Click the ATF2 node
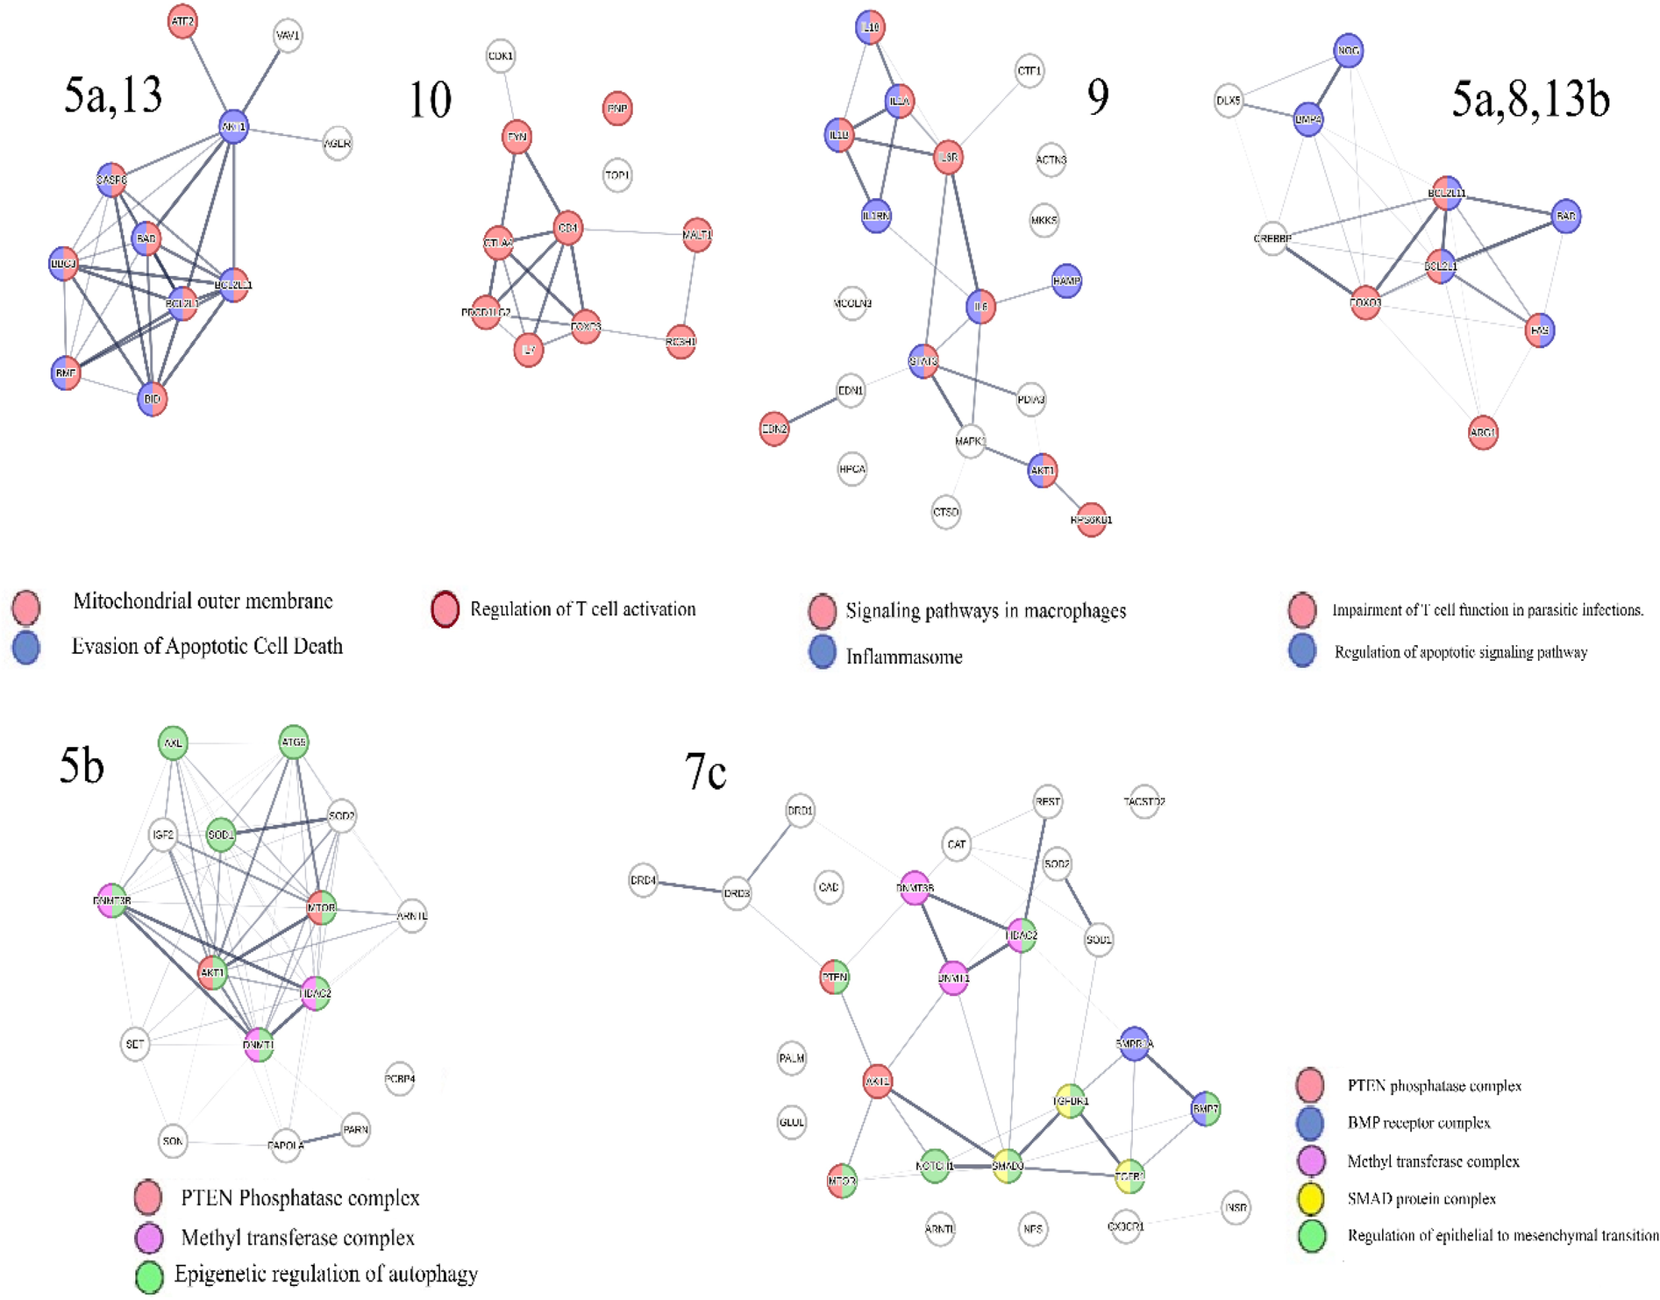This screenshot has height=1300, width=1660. pyautogui.click(x=182, y=22)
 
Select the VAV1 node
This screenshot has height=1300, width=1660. pyautogui.click(x=288, y=36)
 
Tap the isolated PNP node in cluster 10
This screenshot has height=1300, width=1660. pyautogui.click(x=617, y=109)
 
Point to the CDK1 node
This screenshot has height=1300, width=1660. pyautogui.click(x=501, y=56)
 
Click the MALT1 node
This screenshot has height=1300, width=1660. pyautogui.click(x=697, y=235)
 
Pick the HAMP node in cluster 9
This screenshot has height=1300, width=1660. pyautogui.click(x=1066, y=281)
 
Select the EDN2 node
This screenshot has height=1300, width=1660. pyautogui.click(x=774, y=429)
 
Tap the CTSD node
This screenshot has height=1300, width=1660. pyautogui.click(x=946, y=512)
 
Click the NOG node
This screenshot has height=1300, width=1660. pyautogui.click(x=1349, y=51)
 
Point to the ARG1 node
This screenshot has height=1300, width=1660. pyautogui.click(x=1483, y=433)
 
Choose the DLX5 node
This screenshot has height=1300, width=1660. pyautogui.click(x=1229, y=101)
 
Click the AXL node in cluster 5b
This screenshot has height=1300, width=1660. pyautogui.click(x=174, y=743)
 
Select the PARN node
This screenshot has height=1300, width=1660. pyautogui.click(x=355, y=1129)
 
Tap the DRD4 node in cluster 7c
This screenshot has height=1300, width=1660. pyautogui.click(x=644, y=880)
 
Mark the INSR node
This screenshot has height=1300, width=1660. pyautogui.click(x=1236, y=1207)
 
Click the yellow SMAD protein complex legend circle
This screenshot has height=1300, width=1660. pyautogui.click(x=1311, y=1198)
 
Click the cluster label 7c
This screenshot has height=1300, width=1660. pyautogui.click(x=705, y=773)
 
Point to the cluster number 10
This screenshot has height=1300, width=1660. pyautogui.click(x=431, y=100)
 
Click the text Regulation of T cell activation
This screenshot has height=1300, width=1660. pyautogui.click(x=582, y=609)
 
